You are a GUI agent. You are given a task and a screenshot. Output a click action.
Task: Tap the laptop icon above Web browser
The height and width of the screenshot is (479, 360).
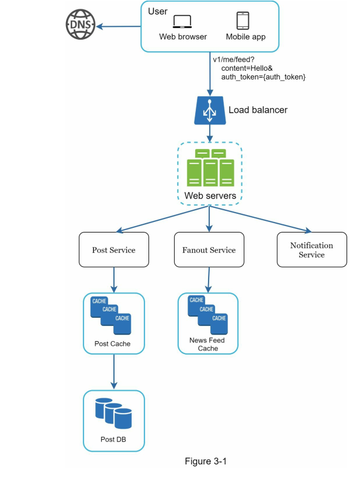pyautogui.click(x=183, y=22)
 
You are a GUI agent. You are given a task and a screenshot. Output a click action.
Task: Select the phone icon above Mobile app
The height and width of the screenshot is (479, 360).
pyautogui.click(x=244, y=20)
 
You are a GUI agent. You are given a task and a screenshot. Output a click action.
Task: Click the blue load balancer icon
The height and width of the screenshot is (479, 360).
pyautogui.click(x=209, y=110)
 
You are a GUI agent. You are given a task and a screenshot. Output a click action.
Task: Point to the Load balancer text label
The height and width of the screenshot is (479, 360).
pyautogui.click(x=258, y=110)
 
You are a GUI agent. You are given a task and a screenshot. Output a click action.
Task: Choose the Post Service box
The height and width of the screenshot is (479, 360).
pyautogui.click(x=113, y=250)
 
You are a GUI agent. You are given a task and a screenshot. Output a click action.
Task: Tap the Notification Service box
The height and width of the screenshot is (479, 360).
pyautogui.click(x=311, y=250)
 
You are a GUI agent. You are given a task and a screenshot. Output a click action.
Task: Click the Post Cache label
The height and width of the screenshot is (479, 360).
pyautogui.click(x=112, y=343)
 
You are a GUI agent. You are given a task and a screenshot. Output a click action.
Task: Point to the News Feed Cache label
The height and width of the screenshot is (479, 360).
pyautogui.click(x=207, y=344)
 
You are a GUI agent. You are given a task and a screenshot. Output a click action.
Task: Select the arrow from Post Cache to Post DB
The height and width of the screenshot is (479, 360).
pyautogui.click(x=113, y=372)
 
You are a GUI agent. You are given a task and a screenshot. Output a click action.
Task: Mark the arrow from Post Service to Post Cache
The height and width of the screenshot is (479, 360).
pyautogui.click(x=113, y=280)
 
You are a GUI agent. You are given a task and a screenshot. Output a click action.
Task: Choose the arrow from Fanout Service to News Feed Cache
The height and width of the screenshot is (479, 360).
pyautogui.click(x=207, y=280)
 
